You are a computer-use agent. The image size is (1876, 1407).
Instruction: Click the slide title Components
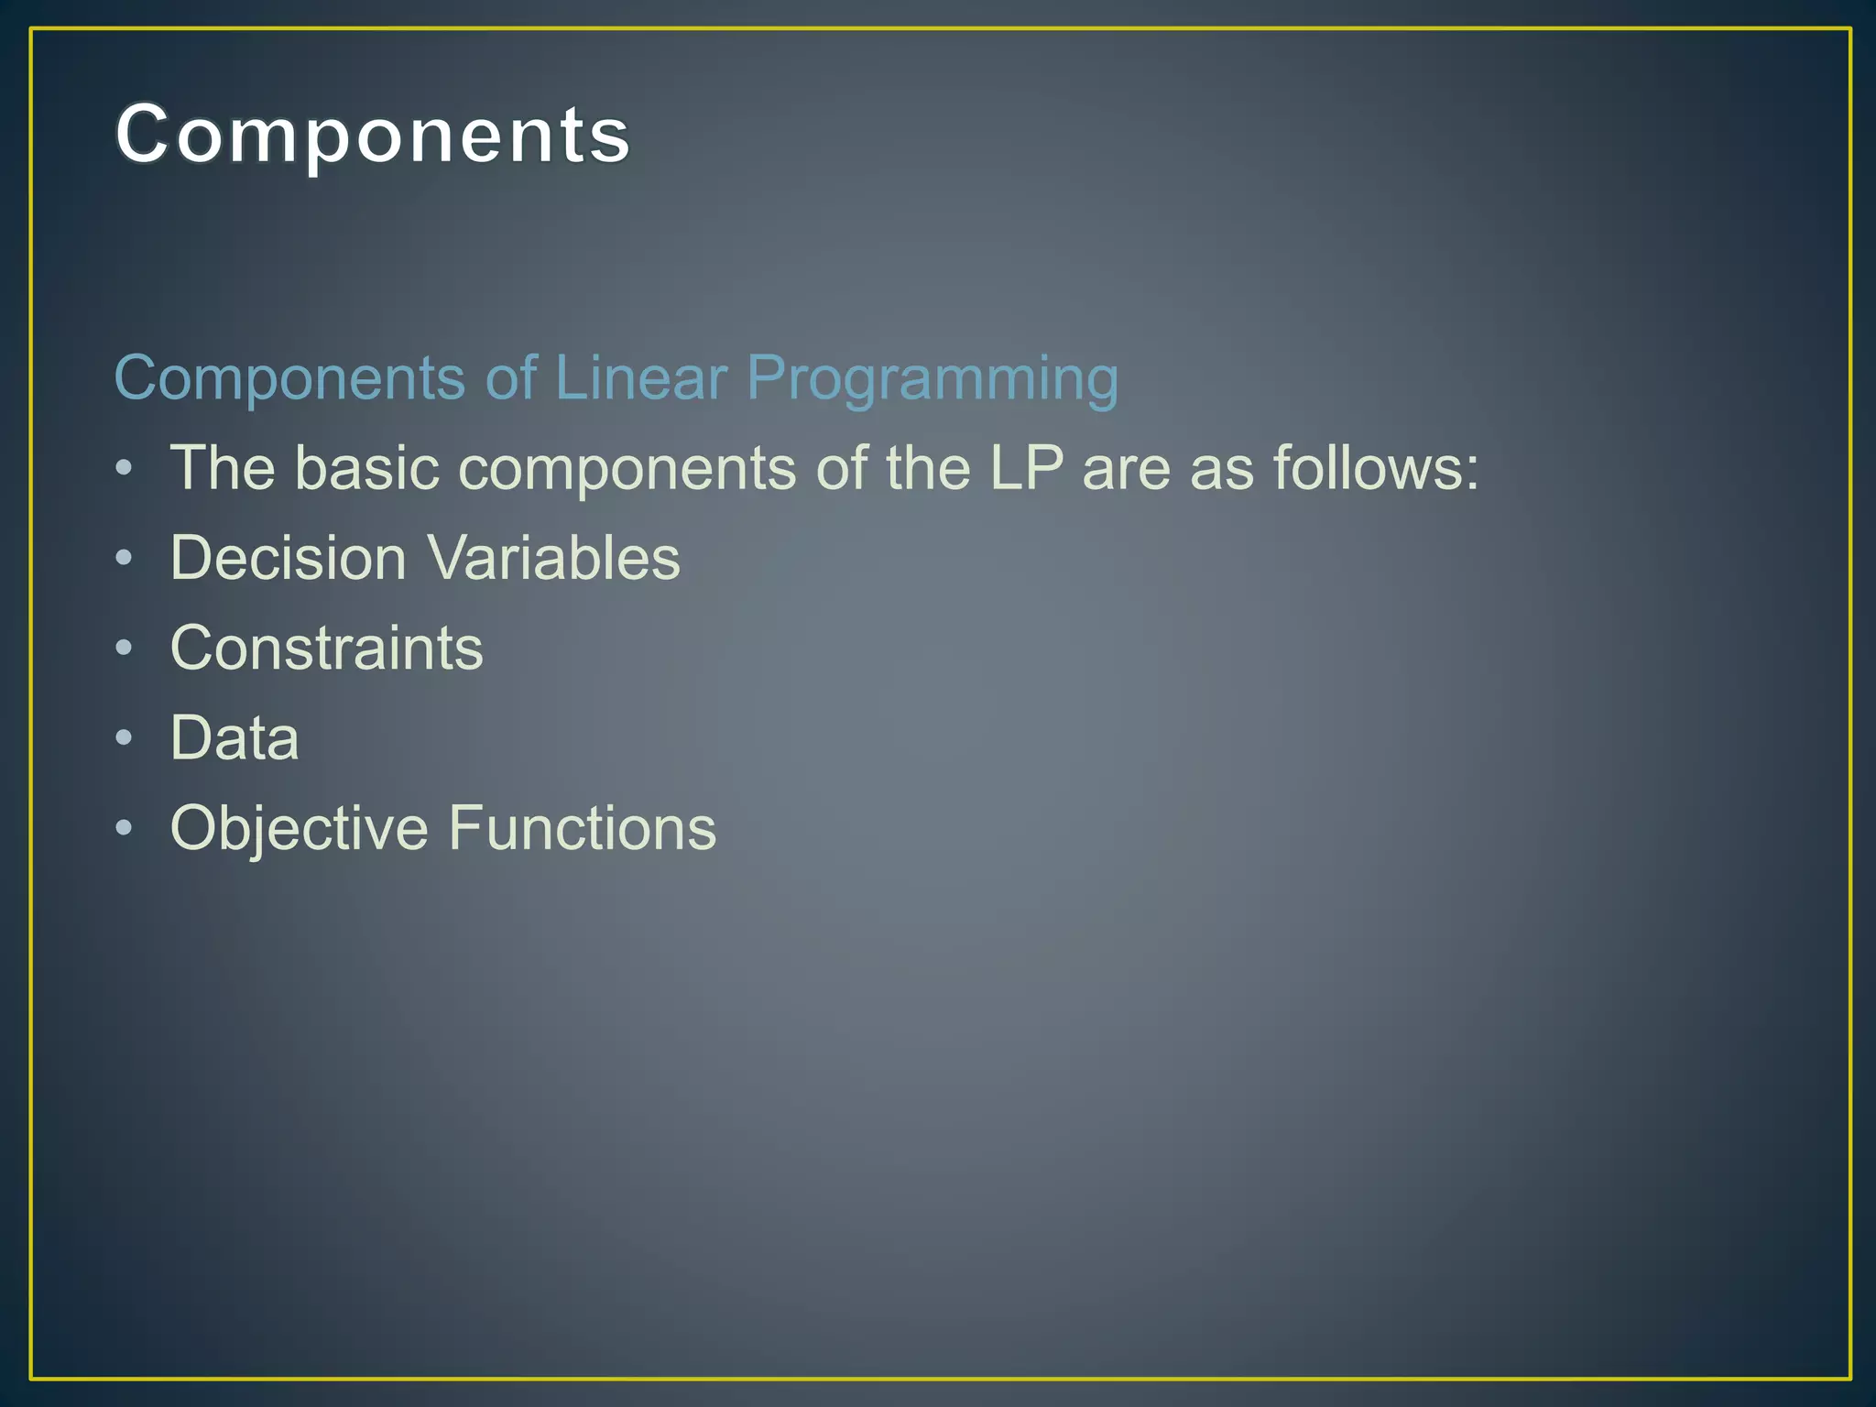pos(373,135)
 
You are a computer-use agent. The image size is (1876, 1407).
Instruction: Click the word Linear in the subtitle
pos(640,377)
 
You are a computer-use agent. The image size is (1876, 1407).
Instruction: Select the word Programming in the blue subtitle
pos(932,379)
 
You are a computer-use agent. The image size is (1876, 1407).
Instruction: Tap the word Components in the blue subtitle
pos(289,379)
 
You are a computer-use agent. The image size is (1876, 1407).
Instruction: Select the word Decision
pos(288,558)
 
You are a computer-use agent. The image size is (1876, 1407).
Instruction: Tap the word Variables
pos(554,558)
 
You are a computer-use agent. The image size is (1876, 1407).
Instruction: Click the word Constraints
pos(326,648)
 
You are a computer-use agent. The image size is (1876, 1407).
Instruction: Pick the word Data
pos(234,737)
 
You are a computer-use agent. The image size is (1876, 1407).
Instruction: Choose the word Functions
pos(582,828)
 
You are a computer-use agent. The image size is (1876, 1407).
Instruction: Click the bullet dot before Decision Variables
pos(125,558)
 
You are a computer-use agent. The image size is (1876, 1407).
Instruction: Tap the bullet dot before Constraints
pos(125,648)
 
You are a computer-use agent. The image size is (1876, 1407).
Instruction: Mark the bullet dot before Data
pos(125,737)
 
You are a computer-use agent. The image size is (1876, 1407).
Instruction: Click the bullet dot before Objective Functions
pos(125,828)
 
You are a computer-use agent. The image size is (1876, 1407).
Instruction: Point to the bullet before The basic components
pos(125,468)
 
